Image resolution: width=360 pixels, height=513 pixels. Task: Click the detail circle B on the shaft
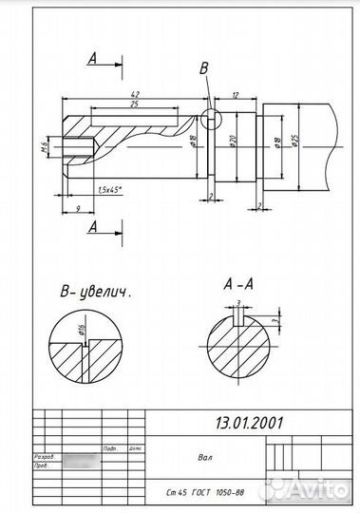coord(209,118)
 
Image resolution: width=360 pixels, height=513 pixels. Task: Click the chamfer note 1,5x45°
coord(114,190)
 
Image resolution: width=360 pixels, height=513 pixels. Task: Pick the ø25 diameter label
coord(296,142)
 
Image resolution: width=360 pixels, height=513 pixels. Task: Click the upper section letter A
coord(93,59)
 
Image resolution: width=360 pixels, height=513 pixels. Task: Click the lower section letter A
coord(93,227)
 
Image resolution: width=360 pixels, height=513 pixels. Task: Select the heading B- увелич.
coord(94,291)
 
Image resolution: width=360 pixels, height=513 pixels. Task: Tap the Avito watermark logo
coord(309,489)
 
